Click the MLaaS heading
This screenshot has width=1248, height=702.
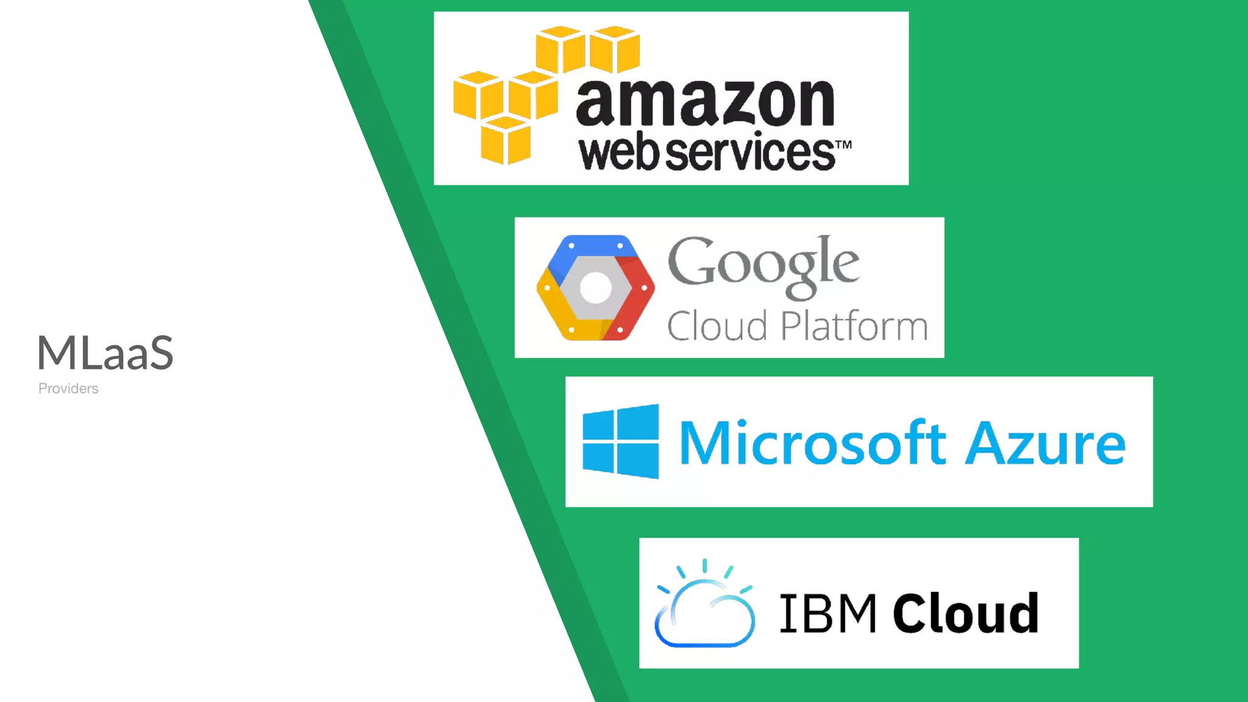105,353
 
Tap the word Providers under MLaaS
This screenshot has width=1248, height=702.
68,389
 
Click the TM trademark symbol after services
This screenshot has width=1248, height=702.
843,145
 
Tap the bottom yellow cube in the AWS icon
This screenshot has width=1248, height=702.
505,141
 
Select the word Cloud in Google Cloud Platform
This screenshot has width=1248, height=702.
717,326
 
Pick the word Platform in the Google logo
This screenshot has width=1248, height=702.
854,326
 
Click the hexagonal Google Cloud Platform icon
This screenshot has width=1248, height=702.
595,288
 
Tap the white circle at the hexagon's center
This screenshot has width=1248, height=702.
595,288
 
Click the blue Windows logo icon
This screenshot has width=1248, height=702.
621,441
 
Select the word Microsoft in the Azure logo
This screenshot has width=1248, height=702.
812,443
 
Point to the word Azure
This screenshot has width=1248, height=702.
1046,444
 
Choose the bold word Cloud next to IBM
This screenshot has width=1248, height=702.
966,613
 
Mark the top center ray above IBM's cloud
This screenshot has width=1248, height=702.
705,565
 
